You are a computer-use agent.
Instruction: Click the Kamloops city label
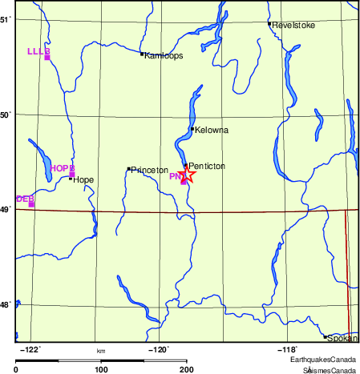(164, 55)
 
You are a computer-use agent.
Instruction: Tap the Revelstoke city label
(293, 25)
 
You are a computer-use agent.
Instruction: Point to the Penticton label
(206, 166)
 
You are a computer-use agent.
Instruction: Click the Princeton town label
(150, 170)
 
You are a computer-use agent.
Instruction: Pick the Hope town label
(83, 179)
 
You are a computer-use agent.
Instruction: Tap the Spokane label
(342, 339)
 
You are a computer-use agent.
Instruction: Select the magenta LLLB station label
(38, 51)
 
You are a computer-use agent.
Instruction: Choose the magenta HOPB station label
(62, 168)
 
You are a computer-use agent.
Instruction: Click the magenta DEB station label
(24, 198)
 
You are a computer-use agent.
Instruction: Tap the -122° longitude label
(30, 349)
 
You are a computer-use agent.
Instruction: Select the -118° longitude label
(286, 349)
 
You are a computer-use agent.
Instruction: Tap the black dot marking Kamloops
(142, 54)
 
